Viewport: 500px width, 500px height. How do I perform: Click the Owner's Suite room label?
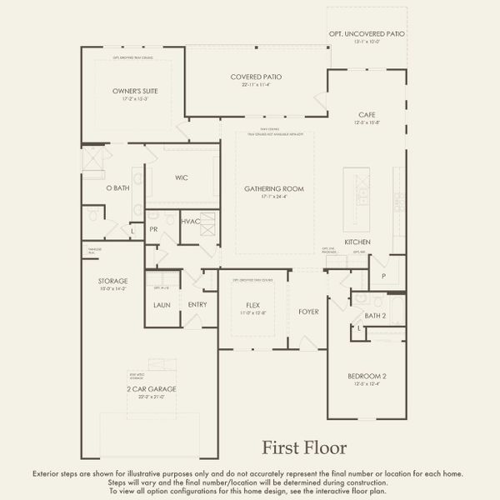coord(135,90)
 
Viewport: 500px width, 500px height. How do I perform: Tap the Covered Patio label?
coord(256,77)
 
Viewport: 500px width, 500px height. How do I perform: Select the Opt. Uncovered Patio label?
coord(366,34)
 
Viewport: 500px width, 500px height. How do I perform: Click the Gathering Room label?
coord(274,189)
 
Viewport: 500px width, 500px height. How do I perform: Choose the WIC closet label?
coord(181,177)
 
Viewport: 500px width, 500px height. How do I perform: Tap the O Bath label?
coord(117,188)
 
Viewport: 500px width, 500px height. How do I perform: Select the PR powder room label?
coord(154,228)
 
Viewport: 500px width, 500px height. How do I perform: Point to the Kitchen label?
coord(357,242)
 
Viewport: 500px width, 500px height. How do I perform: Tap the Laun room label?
coord(162,305)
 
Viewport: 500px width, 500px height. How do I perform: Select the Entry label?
coord(197,305)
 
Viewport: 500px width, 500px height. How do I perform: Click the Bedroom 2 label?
coord(367,376)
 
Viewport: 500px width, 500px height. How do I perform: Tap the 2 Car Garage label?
coord(151,389)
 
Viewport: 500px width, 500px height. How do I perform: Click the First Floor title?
coord(304,448)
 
